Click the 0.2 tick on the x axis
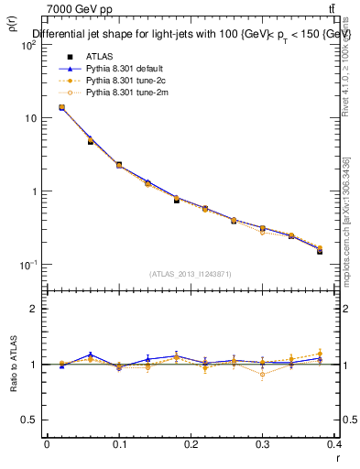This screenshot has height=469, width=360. pos(191,444)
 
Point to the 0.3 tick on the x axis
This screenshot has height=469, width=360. pos(263,444)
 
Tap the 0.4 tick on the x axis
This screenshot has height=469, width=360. pos(333,444)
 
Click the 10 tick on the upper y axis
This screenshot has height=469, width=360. pos(29,118)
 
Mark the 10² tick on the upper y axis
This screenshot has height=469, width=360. pos(27,45)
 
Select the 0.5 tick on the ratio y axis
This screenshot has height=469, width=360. pos(31,420)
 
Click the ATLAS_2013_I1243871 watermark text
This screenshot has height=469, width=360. pos(191,274)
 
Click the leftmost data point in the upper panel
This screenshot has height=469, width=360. pos(61,107)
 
